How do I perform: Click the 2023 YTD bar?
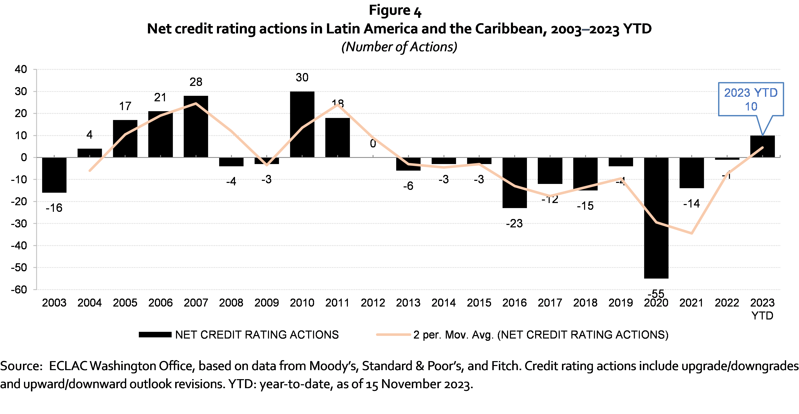[x=762, y=146]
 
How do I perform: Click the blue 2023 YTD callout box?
[x=751, y=99]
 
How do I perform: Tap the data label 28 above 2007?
[x=196, y=82]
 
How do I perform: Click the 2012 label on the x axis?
[x=373, y=303]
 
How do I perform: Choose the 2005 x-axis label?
[x=125, y=303]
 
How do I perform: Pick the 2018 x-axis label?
[x=585, y=303]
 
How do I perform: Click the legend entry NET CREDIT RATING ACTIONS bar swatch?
[x=155, y=335]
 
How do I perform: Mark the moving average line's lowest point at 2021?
[x=692, y=233]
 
